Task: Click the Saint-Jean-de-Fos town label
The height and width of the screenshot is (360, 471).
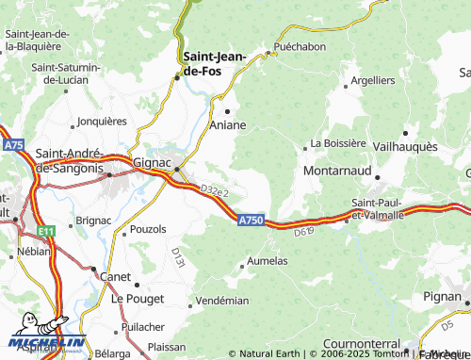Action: tap(215, 62)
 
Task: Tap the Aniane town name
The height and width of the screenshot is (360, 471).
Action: tap(228, 124)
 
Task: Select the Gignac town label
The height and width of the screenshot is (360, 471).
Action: tap(152, 162)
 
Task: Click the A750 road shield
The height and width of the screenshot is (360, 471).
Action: tap(250, 220)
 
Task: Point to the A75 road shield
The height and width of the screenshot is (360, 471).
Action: tap(13, 144)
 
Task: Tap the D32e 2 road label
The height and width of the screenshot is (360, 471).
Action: tap(214, 191)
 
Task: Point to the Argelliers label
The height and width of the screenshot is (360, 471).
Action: tap(372, 80)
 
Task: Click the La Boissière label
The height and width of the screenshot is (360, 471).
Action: tap(343, 143)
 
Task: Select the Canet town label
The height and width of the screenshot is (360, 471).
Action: tap(116, 276)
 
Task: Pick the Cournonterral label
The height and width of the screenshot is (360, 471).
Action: tap(363, 344)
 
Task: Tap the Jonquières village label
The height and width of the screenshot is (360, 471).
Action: tap(102, 121)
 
